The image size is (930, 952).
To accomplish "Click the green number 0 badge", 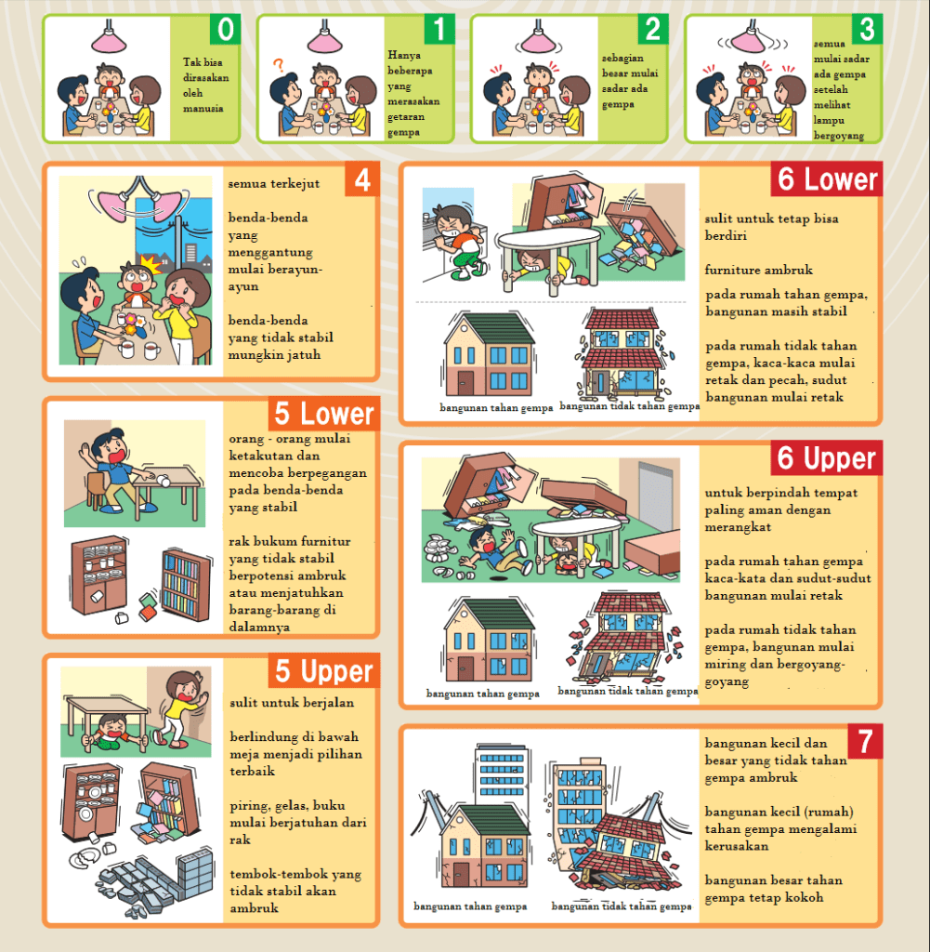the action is [x=225, y=29].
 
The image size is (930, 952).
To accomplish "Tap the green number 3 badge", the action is [x=867, y=29].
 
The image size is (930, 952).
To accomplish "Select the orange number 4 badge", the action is [x=362, y=179].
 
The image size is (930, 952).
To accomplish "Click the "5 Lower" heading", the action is [x=324, y=414].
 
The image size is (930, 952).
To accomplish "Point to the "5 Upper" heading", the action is [x=324, y=670].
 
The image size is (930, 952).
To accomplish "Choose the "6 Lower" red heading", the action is [x=826, y=179].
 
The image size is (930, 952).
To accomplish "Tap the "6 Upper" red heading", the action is [x=826, y=457].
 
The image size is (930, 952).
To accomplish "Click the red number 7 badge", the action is [x=865, y=741].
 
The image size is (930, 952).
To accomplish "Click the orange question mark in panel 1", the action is [x=279, y=65].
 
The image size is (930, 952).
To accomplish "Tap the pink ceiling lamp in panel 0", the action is [x=110, y=38].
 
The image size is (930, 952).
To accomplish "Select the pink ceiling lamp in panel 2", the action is [x=538, y=38].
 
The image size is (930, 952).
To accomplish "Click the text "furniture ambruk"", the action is [x=758, y=270].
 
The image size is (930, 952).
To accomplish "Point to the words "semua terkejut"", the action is [x=273, y=183].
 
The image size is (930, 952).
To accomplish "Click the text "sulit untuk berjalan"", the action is [x=292, y=703].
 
